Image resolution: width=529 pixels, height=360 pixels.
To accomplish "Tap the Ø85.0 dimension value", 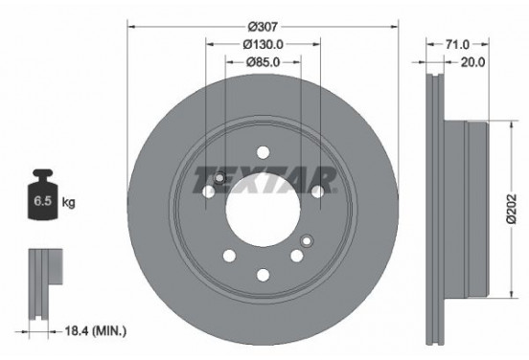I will (x=263, y=64).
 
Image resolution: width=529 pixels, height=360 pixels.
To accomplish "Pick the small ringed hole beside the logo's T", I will (x=219, y=179).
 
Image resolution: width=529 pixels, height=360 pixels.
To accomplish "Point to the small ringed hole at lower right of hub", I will (x=306, y=240).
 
